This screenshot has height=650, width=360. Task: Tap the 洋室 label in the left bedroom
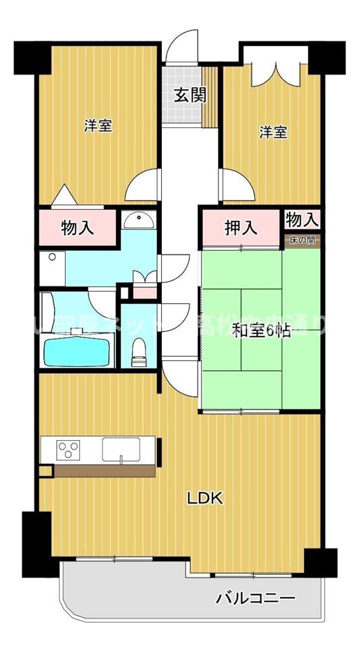[99, 126]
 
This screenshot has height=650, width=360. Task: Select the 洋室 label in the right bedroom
[273, 133]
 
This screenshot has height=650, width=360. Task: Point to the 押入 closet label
[241, 228]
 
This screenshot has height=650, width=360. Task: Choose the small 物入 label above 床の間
[302, 219]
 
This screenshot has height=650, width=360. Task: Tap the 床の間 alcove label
[302, 240]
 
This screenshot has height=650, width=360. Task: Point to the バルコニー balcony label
[255, 599]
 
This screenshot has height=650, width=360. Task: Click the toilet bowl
[139, 349]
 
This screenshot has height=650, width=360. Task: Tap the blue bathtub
[76, 349]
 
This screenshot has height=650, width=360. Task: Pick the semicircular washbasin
[140, 220]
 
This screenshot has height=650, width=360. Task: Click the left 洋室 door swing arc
[143, 184]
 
